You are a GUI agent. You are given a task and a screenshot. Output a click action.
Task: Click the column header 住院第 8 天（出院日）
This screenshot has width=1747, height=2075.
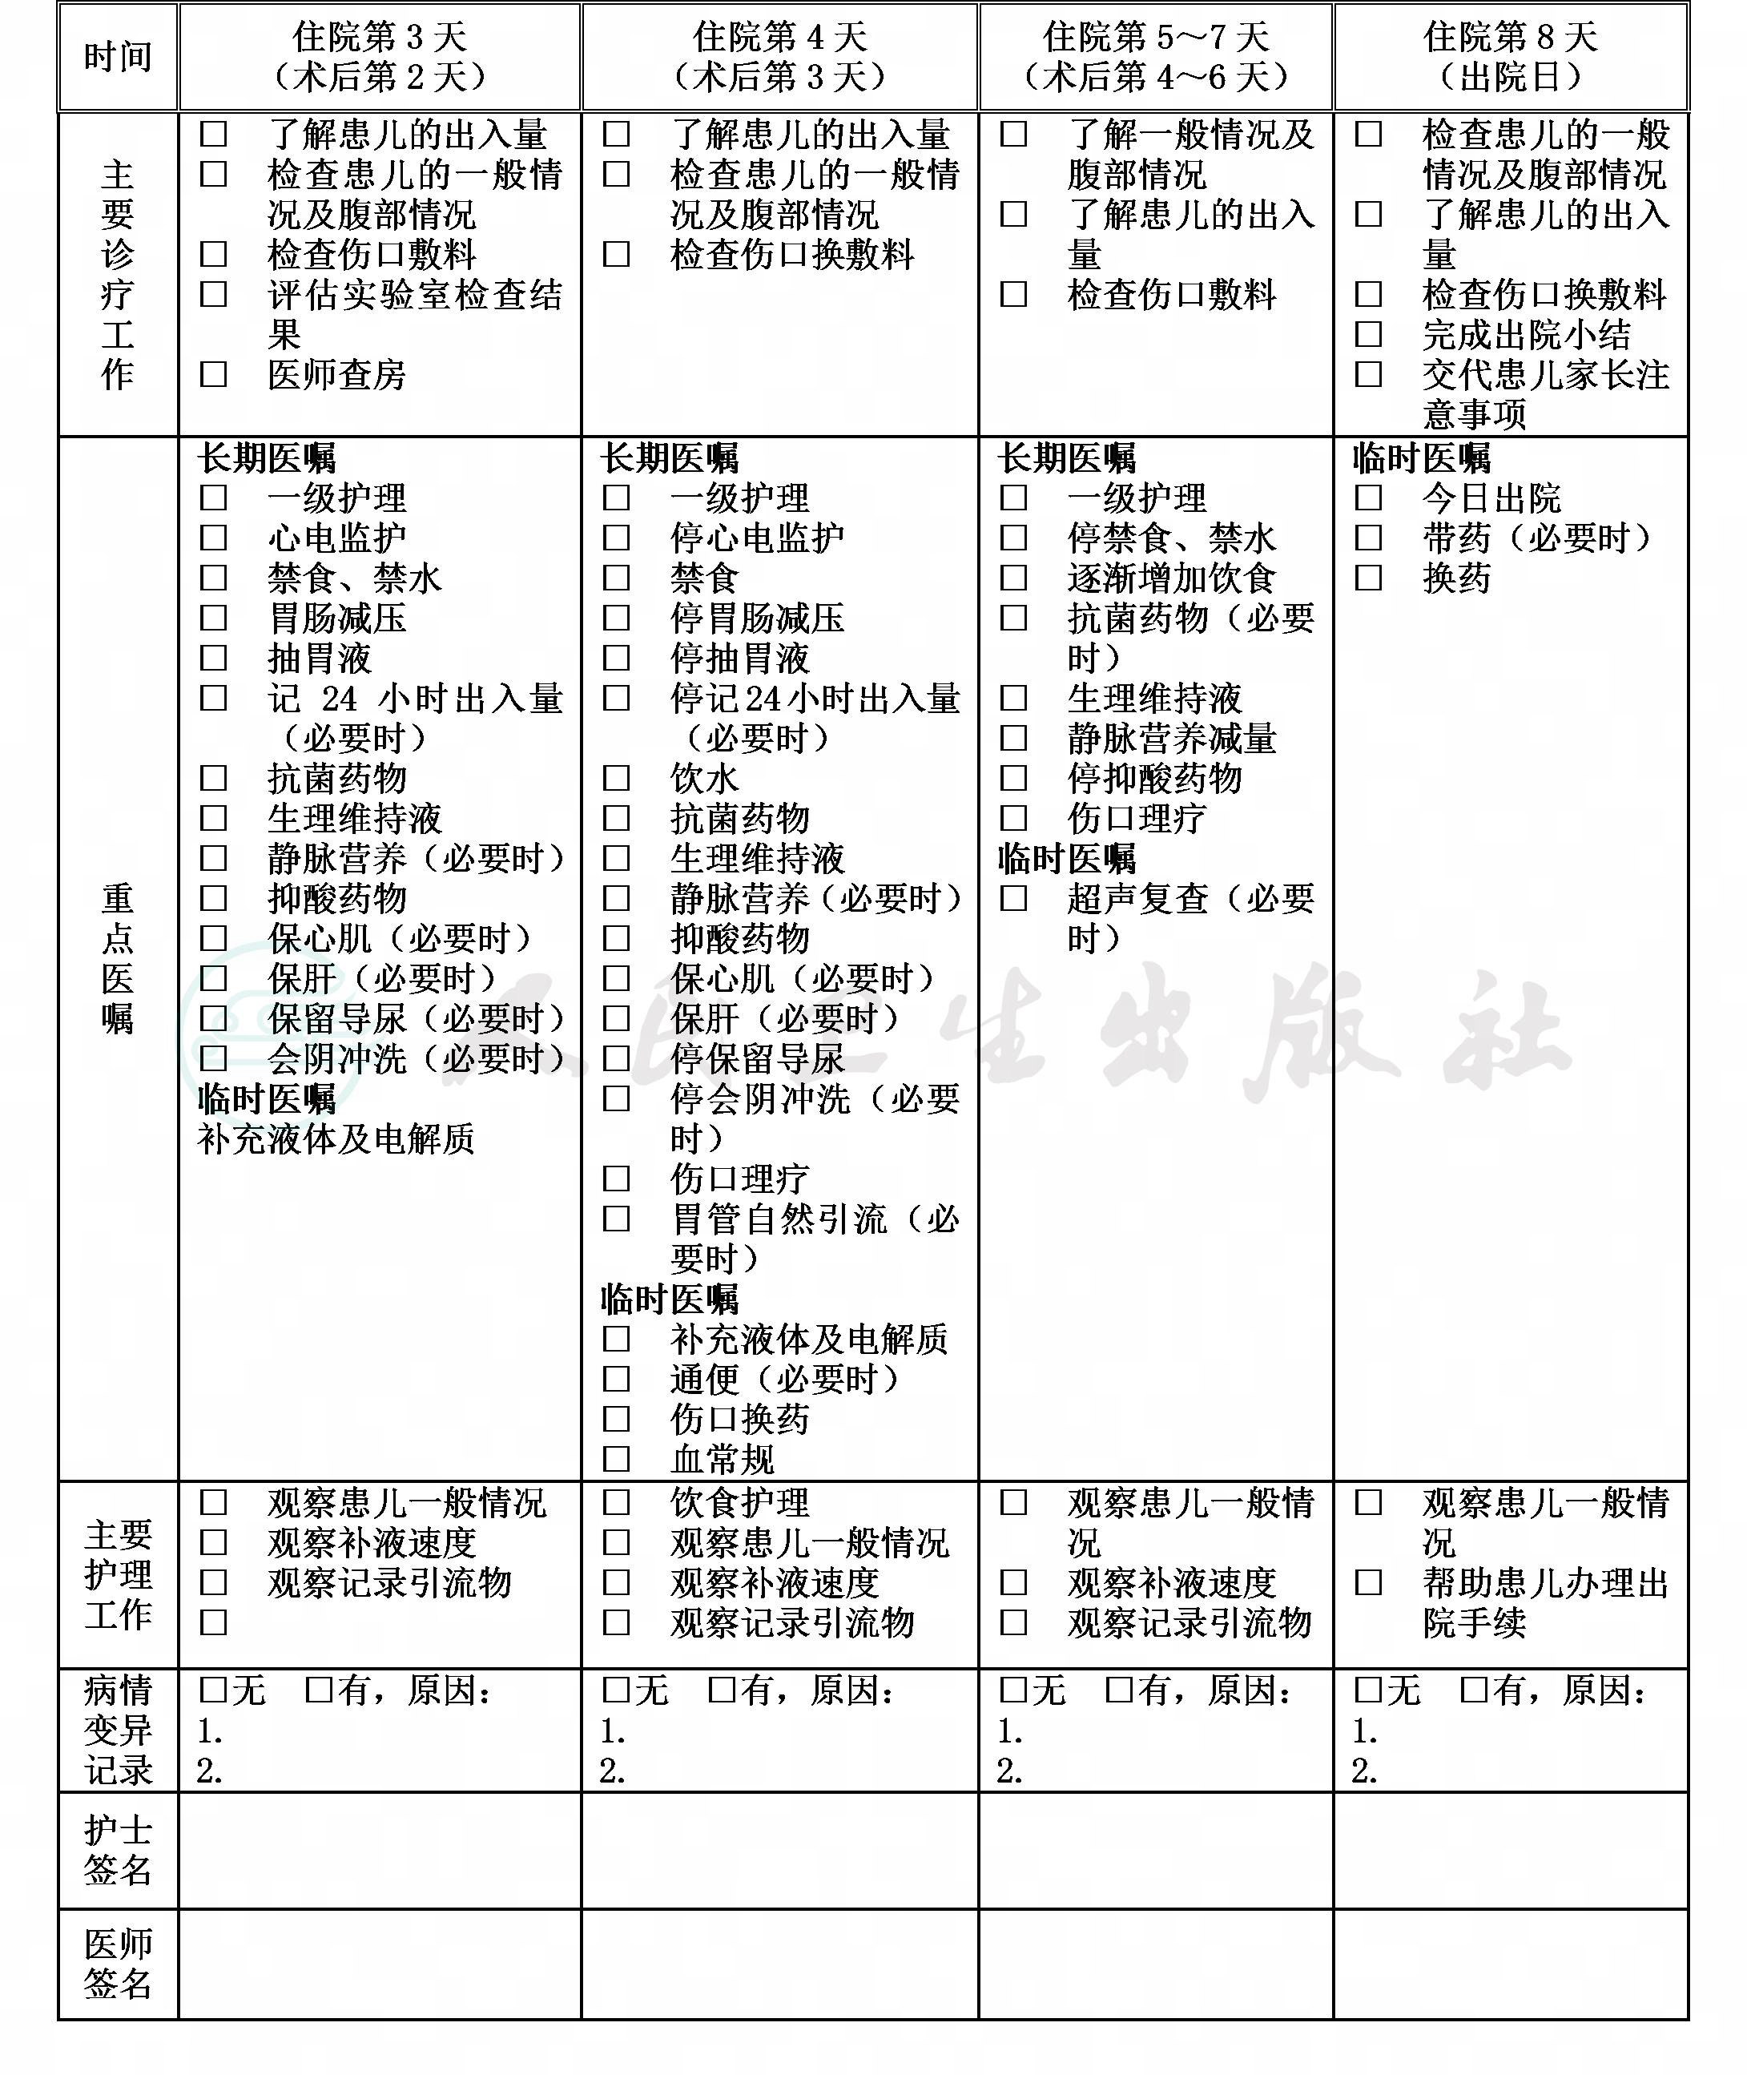pos(1511,56)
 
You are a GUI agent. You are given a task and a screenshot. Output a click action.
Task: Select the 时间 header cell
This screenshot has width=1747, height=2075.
pos(118,56)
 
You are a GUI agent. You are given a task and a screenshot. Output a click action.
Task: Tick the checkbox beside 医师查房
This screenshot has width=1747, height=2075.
pos(214,374)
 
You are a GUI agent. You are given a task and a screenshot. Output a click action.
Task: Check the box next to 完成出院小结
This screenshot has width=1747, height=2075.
pos(1367,335)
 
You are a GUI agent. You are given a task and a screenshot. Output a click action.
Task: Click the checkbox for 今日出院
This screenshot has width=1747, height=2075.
pos(1367,498)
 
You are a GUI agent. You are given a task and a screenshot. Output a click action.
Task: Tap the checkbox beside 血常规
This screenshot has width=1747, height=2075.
pos(616,1459)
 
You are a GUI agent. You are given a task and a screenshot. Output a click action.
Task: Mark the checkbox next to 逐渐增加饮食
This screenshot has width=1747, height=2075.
pos(1013,578)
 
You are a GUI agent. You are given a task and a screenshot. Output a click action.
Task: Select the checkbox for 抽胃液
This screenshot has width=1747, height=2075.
pos(214,658)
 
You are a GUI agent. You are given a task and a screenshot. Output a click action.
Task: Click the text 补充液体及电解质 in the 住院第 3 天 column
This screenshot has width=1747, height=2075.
pos(336,1139)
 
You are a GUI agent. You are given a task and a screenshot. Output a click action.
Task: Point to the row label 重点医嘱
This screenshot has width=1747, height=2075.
pos(118,957)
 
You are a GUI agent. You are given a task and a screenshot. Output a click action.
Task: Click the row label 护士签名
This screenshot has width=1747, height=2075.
pos(118,1850)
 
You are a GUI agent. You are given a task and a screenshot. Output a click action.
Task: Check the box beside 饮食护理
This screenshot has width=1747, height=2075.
pos(616,1502)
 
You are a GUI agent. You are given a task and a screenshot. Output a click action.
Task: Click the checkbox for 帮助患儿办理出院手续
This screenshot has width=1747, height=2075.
pos(1367,1581)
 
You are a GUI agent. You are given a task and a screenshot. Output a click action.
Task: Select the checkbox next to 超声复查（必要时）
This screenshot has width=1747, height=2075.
pos(1013,898)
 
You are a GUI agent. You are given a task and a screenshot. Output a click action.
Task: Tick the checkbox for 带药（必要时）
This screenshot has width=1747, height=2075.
pos(1367,538)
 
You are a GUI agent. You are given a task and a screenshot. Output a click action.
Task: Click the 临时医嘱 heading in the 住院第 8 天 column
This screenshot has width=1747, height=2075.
pos(1421,458)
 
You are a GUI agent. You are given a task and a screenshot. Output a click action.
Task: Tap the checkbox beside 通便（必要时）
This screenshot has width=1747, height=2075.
pos(616,1379)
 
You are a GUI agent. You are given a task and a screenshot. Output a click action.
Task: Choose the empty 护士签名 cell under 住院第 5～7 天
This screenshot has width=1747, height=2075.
pos(1156,1850)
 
